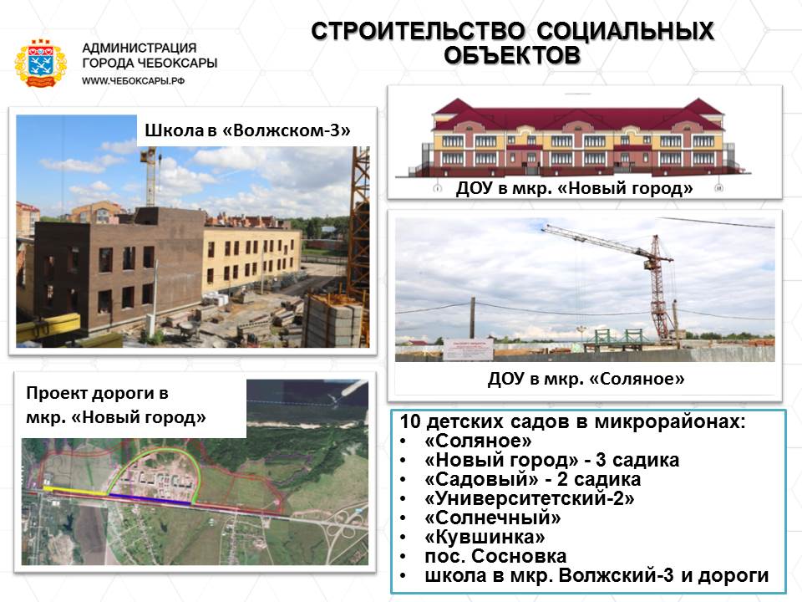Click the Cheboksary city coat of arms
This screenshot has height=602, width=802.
tap(40, 64)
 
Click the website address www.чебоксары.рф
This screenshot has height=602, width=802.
tap(133, 81)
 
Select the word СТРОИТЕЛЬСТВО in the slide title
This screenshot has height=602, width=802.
tap(418, 31)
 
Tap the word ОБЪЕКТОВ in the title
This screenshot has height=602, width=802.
tap(512, 55)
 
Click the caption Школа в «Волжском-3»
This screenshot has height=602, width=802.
tap(247, 130)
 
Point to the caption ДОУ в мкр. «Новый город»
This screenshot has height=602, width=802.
tap(575, 188)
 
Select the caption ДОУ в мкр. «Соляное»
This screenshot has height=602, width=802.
tap(586, 379)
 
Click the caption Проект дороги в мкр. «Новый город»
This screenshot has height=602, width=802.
tap(116, 405)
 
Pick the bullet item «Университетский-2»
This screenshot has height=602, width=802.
tap(530, 498)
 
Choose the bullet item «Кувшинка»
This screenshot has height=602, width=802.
tap(485, 537)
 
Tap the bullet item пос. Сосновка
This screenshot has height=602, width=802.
tap(495, 556)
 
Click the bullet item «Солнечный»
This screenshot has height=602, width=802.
tap(493, 518)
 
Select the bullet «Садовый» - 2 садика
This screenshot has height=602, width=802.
tap(532, 479)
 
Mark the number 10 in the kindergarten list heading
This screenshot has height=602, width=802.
tap(410, 421)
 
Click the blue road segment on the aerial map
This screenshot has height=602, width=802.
tap(150, 498)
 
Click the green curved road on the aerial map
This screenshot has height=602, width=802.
tap(156, 455)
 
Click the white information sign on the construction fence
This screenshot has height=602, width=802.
tap(469, 349)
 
